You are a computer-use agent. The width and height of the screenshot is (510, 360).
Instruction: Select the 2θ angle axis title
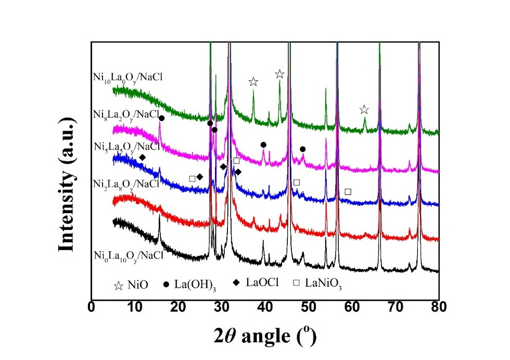265,335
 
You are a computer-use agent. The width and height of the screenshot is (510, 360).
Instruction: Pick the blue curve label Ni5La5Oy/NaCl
125,148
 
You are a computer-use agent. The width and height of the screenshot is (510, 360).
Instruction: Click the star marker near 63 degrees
364,110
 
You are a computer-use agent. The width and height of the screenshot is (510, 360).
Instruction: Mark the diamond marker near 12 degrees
143,157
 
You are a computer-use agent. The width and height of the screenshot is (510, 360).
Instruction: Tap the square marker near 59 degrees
348,191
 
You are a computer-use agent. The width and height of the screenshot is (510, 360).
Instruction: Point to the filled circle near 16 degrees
161,119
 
